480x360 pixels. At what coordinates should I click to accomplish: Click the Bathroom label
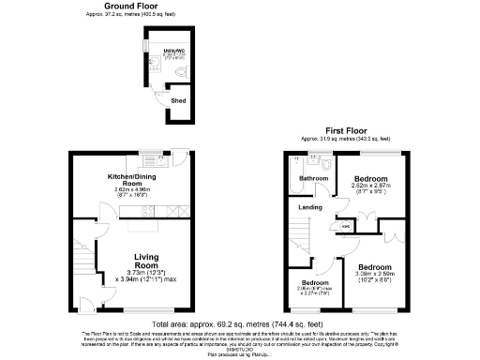point(312,177)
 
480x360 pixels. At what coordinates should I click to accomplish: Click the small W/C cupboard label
point(345,225)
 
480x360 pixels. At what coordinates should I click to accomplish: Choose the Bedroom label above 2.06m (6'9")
point(315,282)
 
